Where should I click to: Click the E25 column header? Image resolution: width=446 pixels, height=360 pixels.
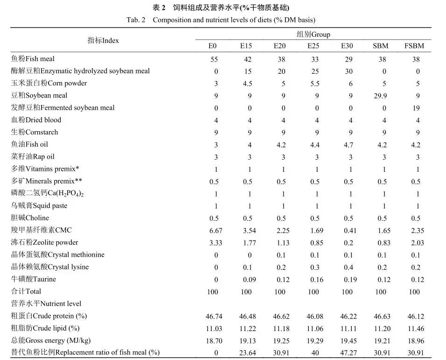pos(313,46)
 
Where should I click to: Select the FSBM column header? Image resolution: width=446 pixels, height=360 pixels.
pos(414,46)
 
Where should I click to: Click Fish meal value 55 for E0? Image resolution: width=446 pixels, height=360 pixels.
pos(216,59)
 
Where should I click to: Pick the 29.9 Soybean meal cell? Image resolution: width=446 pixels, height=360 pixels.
pos(380,95)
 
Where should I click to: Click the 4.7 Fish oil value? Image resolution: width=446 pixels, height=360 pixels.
pos(348,144)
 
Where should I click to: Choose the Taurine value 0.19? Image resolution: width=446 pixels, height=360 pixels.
pos(348,279)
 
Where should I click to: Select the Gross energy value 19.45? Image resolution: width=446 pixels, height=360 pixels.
pos(348,341)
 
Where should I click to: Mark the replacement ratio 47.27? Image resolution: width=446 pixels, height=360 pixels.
pos(348,353)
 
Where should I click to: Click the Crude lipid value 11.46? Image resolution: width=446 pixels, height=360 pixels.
pos(415,328)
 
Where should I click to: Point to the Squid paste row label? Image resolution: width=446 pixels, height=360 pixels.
pos(39,205)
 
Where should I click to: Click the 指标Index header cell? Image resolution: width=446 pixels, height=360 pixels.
pos(103,40)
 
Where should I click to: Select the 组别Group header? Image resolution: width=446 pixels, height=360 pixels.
pos(313,35)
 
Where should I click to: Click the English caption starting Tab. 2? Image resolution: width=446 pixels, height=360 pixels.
pos(221,20)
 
